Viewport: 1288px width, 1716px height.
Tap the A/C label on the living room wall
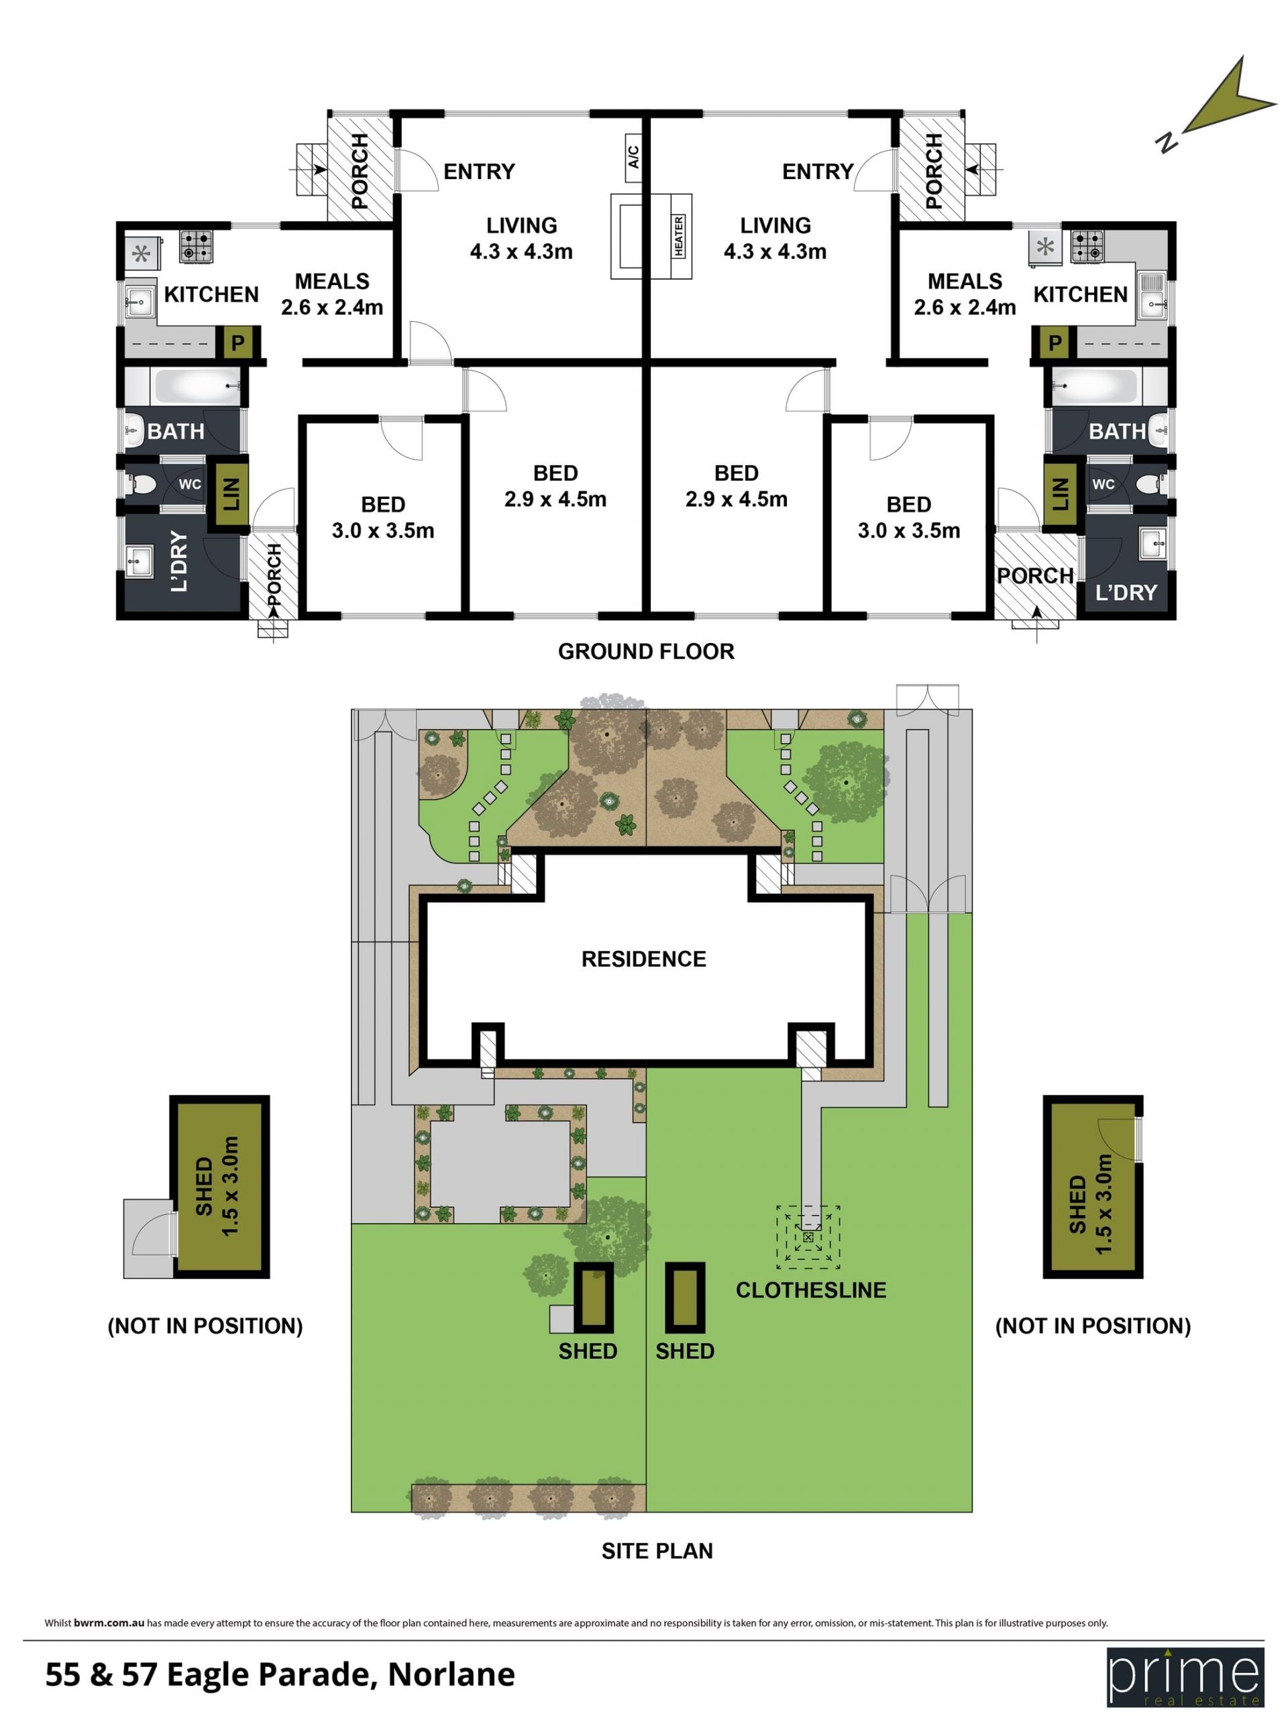point(633,157)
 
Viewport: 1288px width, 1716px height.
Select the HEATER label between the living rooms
point(679,237)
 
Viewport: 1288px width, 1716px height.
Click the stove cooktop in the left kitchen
point(197,247)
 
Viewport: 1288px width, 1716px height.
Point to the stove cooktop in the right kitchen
point(1087,247)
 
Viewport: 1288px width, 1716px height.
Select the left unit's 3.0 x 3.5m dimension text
point(382,530)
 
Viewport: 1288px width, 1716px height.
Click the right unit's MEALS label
point(965,281)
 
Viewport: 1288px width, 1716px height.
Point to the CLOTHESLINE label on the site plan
point(811,1290)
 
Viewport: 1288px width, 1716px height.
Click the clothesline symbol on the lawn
point(808,1237)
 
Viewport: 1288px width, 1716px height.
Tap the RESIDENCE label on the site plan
point(643,959)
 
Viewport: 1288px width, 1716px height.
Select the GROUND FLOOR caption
point(645,652)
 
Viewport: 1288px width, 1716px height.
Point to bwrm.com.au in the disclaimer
point(109,1622)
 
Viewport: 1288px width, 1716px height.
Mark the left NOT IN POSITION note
point(205,1326)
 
